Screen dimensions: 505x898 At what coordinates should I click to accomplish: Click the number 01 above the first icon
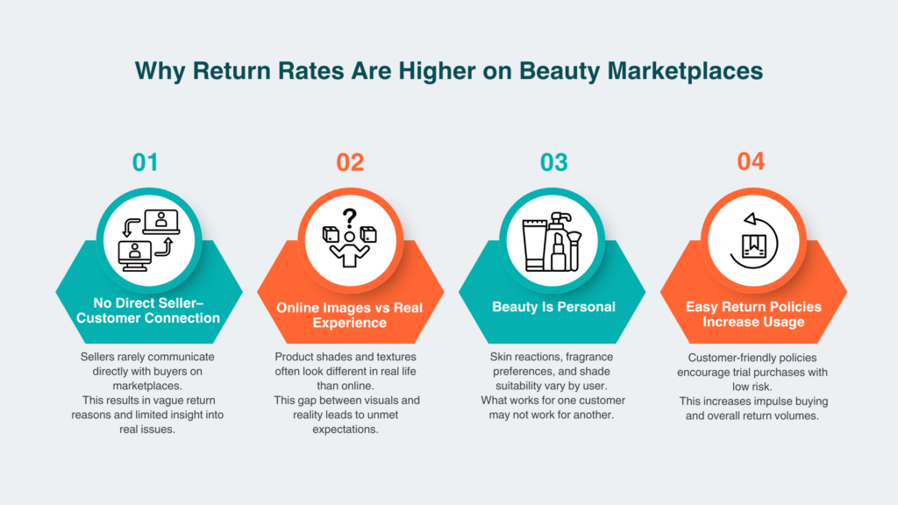click(x=146, y=162)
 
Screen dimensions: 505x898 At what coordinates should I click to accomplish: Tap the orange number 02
click(x=350, y=162)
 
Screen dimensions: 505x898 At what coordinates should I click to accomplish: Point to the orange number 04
click(x=751, y=162)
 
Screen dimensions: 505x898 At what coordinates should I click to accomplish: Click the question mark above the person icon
click(x=349, y=217)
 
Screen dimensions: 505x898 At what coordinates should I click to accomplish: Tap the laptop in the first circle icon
click(x=161, y=222)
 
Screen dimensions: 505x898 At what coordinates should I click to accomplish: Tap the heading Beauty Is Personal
click(x=553, y=307)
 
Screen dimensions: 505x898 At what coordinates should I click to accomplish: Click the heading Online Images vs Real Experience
click(x=350, y=315)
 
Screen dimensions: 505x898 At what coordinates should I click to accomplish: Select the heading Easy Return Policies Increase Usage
click(x=754, y=315)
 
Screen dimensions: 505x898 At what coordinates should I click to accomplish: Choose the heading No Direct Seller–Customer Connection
click(x=148, y=310)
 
